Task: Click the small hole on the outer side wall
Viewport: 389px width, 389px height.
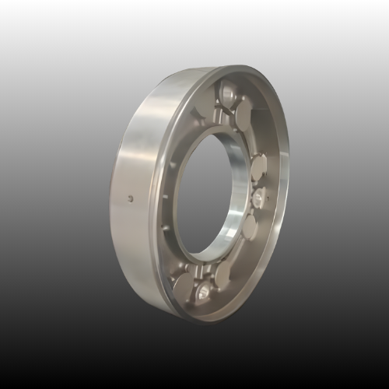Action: pyautogui.click(x=131, y=198)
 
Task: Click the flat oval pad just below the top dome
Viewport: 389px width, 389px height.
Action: pyautogui.click(x=243, y=113)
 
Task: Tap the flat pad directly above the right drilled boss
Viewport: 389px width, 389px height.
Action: pyautogui.click(x=258, y=166)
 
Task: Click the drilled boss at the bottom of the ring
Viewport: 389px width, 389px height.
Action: pyautogui.click(x=203, y=292)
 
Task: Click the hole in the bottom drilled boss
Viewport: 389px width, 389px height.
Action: pyautogui.click(x=203, y=293)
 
